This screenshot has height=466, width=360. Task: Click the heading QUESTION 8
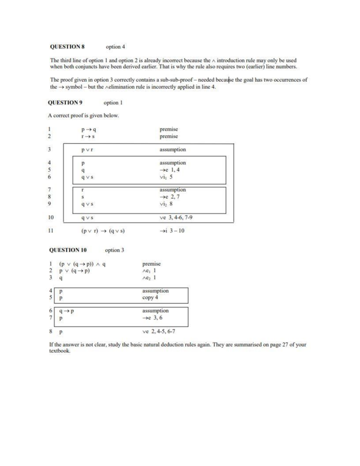point(67,47)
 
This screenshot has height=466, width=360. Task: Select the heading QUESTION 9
point(65,103)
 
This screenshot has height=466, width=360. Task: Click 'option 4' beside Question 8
point(115,47)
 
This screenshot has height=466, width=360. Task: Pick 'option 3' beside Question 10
point(114,250)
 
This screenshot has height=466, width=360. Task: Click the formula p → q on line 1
point(88,130)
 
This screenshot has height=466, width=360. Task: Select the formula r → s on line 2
point(88,137)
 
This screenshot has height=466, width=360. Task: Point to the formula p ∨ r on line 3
point(88,150)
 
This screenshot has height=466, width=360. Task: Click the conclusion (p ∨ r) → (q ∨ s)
point(103,231)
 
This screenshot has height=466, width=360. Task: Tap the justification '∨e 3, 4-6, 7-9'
point(176,217)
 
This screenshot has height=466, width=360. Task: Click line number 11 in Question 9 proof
point(51,231)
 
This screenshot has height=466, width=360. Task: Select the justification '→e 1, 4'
point(169,170)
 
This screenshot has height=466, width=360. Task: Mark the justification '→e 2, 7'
point(169,197)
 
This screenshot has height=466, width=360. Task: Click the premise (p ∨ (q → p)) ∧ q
point(82,264)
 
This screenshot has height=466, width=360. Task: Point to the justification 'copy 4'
point(150,298)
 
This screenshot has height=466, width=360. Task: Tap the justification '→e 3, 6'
point(152,318)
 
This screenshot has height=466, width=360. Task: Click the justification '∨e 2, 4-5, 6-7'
point(159,332)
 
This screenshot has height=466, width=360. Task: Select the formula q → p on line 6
point(67,311)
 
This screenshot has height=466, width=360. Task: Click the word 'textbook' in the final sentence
point(59,351)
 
